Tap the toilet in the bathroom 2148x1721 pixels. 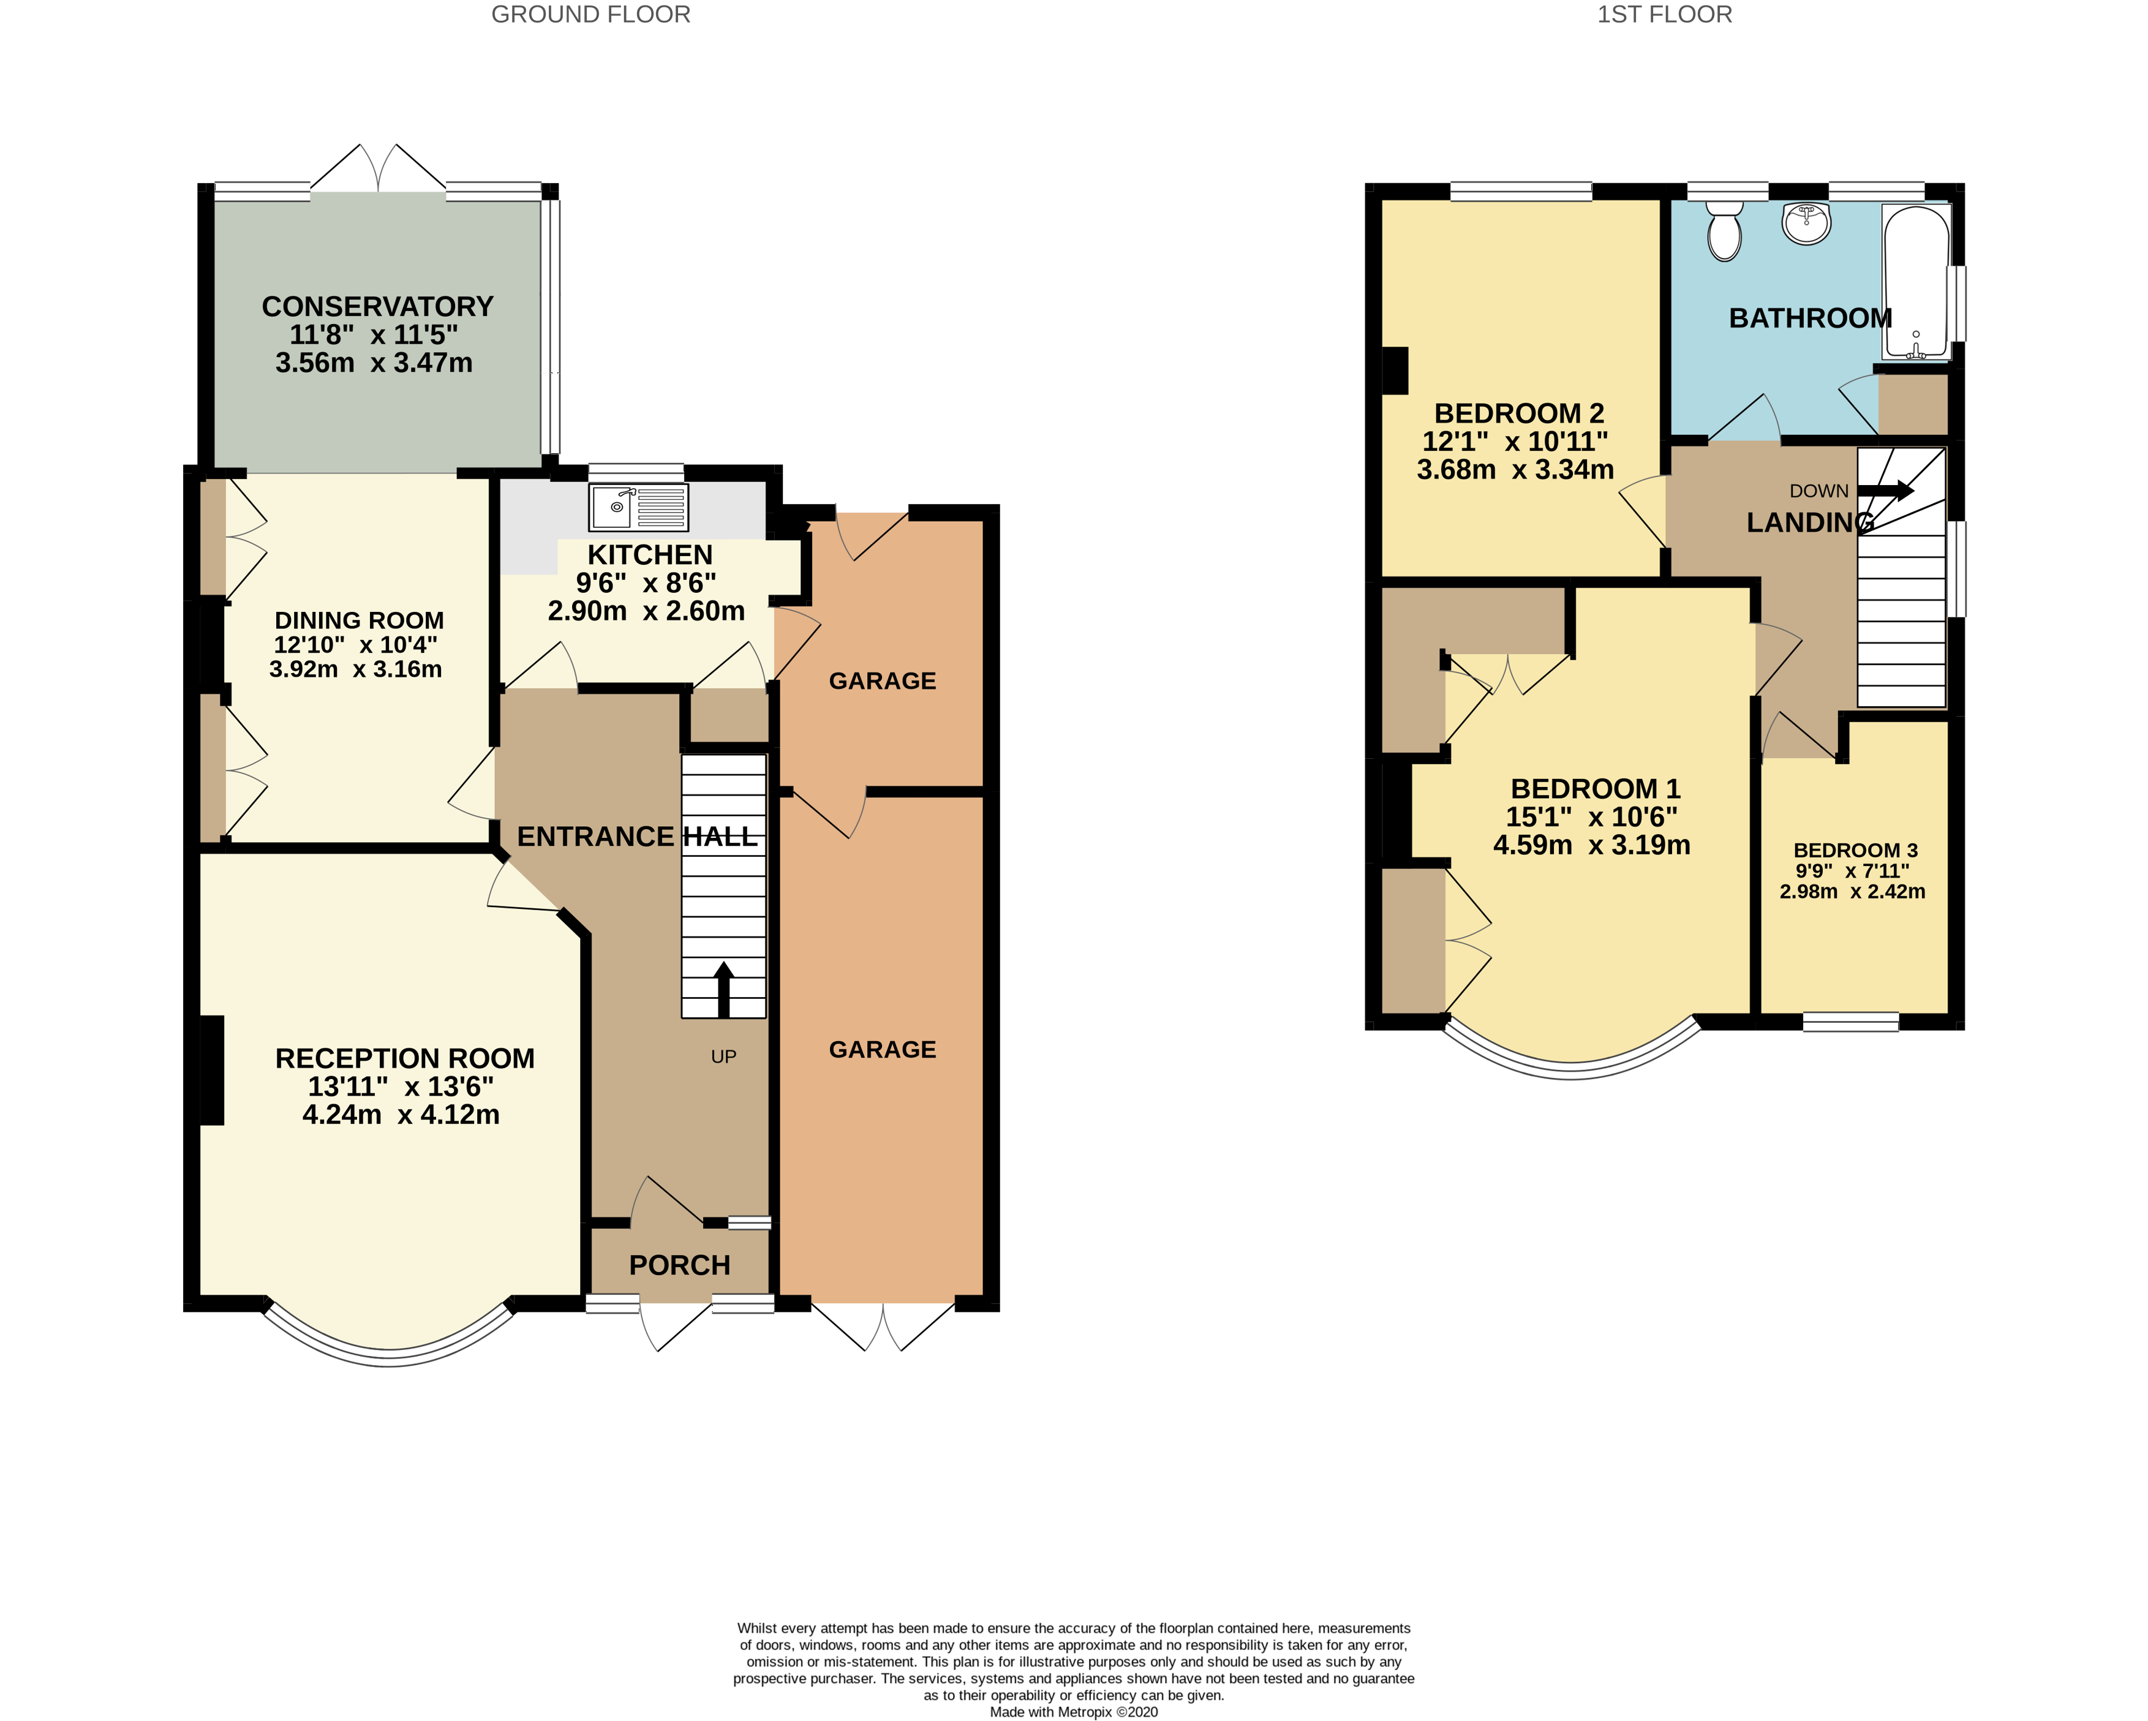[x=1725, y=231]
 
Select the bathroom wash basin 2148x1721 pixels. [x=1806, y=224]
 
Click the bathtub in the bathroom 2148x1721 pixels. [x=1915, y=281]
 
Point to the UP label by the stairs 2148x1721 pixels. [x=723, y=1056]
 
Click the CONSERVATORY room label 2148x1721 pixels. [x=377, y=307]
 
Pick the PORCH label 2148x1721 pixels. [x=679, y=1265]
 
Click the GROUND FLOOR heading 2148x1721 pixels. [x=591, y=15]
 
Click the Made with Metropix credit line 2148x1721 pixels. [x=1073, y=1712]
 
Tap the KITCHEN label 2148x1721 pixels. [x=650, y=555]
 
